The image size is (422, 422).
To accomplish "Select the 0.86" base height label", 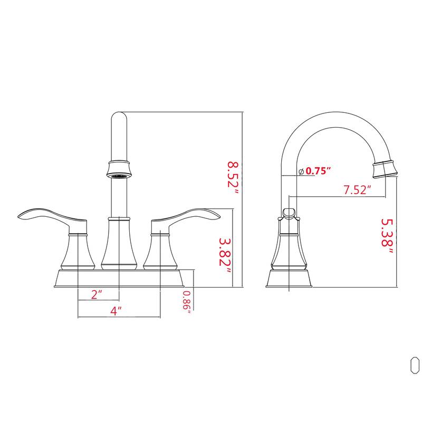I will click(x=186, y=302).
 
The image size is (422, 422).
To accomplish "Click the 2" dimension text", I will click(x=95, y=294).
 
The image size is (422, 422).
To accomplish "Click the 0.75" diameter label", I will click(x=318, y=171).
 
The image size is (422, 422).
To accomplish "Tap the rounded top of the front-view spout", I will click(x=118, y=117).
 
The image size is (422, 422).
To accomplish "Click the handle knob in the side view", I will click(x=289, y=213).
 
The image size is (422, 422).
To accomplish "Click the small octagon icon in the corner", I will click(x=415, y=365).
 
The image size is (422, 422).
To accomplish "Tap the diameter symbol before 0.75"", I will click(x=301, y=171).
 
